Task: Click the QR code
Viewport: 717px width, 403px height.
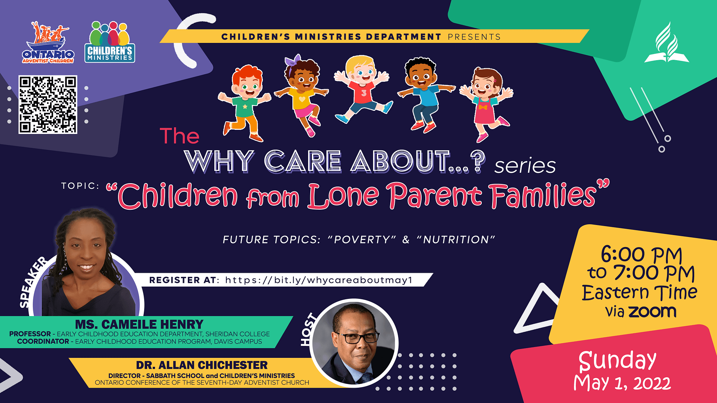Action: click(48, 104)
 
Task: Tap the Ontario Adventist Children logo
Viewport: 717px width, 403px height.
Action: click(48, 43)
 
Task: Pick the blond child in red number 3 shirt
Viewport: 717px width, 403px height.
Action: click(362, 90)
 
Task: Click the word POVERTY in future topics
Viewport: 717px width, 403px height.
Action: click(361, 240)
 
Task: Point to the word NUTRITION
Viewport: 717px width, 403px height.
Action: click(456, 240)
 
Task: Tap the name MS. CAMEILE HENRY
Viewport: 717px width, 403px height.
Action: click(139, 324)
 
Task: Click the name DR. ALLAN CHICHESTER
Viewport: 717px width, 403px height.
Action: click(202, 365)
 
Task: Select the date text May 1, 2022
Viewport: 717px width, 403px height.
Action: click(622, 384)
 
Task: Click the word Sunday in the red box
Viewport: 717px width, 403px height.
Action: click(617, 361)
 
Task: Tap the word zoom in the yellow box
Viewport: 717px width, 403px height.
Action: click(652, 312)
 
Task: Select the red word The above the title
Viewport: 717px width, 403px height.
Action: click(180, 136)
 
